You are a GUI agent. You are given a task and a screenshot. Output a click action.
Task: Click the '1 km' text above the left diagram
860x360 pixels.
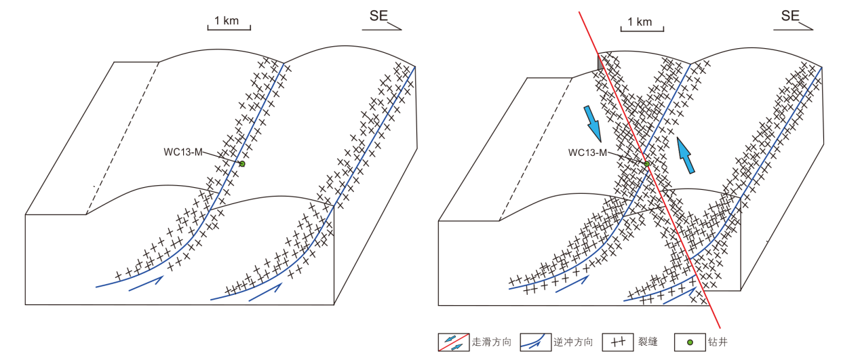coord(227,20)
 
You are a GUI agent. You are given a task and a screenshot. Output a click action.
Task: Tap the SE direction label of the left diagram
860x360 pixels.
coord(378,16)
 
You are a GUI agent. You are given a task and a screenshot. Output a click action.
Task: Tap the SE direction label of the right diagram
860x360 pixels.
coord(790,16)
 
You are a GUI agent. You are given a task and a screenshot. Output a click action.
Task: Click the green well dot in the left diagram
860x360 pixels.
coord(242,164)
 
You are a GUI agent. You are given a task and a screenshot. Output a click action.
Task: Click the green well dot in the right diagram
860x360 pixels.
coord(647,164)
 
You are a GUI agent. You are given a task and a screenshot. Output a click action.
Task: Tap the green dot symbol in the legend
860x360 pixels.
coord(690,342)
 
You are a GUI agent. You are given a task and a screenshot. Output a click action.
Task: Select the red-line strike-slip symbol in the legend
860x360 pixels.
coord(452,342)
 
